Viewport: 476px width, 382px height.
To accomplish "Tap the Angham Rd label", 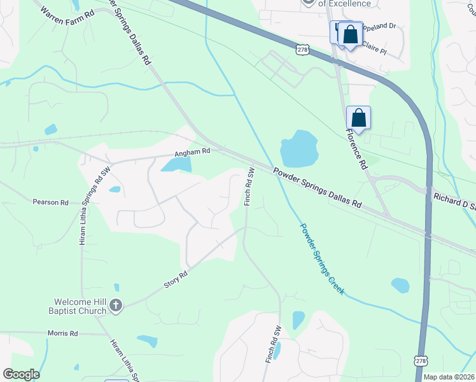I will [x=192, y=152].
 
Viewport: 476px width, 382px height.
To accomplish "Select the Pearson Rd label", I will [x=50, y=202].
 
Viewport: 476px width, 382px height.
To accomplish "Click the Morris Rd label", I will [x=62, y=333].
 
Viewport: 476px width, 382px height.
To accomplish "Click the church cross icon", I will [x=115, y=306].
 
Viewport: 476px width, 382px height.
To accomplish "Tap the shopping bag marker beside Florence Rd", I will [x=359, y=118].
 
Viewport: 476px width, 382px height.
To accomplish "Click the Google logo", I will [x=21, y=374].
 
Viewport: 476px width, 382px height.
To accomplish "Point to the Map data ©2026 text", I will [x=449, y=377].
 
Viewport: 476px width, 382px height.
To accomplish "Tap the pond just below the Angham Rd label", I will [x=178, y=165].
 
